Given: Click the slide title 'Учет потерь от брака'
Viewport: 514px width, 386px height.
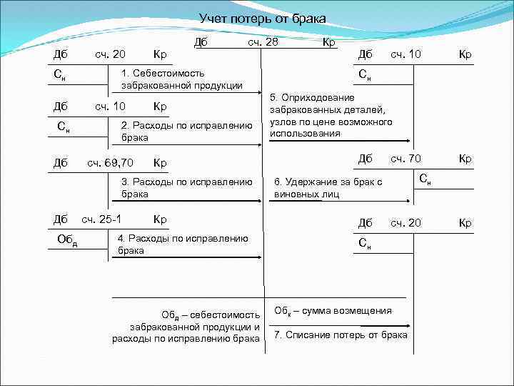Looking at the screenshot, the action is (x=262, y=18).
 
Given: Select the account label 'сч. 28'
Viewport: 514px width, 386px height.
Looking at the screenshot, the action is (x=263, y=42).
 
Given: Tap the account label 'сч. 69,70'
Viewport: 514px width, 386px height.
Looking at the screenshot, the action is (x=109, y=162).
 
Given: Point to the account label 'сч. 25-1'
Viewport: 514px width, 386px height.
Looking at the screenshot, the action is (x=101, y=218).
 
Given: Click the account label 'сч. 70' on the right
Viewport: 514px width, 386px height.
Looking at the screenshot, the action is (x=405, y=158).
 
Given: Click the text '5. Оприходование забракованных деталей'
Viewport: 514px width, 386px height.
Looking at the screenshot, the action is (x=330, y=115).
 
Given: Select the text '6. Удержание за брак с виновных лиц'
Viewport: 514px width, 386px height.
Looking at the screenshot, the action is (x=328, y=187).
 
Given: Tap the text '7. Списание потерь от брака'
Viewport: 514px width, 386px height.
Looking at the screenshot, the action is (x=341, y=335).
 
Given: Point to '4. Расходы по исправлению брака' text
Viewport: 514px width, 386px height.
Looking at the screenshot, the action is (x=183, y=244).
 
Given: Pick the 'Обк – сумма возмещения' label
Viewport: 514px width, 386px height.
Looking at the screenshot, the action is (x=333, y=311).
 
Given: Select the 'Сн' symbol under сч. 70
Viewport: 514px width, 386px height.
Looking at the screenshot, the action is (x=425, y=177).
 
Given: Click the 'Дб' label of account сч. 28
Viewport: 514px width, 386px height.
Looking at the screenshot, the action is (x=201, y=42).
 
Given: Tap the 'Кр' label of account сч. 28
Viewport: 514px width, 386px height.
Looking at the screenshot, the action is (x=329, y=42).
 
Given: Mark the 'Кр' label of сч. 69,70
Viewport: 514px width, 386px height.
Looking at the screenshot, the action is (x=160, y=162).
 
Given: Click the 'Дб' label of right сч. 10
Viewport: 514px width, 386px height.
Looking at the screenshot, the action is (x=365, y=54).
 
